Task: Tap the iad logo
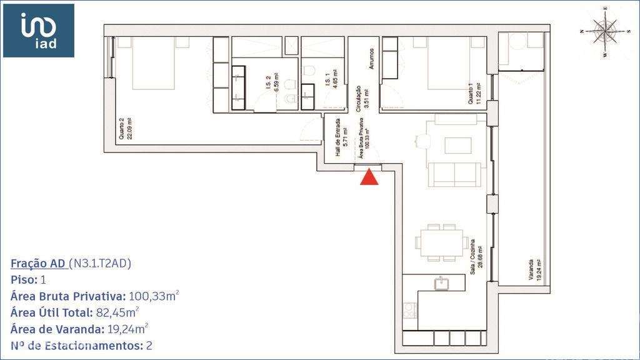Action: point(39,30)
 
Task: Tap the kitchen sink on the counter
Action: point(441,283)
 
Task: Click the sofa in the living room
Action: point(457,174)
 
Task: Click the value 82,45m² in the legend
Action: point(117,312)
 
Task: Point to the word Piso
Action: point(24,279)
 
